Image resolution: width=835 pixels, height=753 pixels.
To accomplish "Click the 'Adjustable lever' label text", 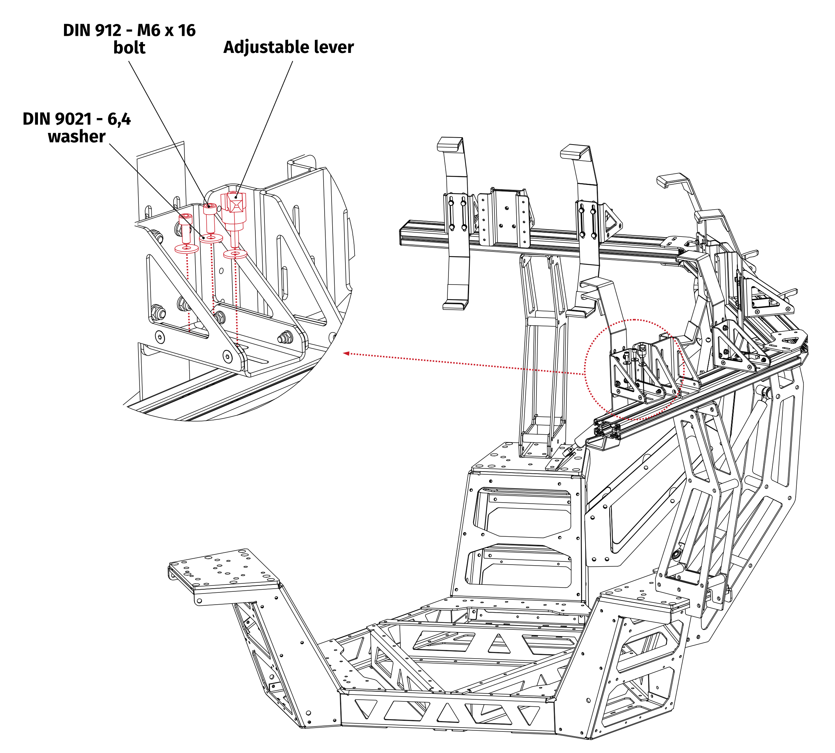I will point(288,47).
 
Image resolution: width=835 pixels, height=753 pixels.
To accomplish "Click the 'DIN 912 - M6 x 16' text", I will point(129,31).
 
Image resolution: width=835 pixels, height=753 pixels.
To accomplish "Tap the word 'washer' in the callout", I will point(77,137).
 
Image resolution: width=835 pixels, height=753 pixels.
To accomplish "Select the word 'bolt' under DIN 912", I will point(129,48).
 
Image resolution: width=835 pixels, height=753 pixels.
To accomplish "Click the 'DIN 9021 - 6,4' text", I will point(77,119).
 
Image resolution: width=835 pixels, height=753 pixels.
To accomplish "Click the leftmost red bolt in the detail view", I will point(185,227).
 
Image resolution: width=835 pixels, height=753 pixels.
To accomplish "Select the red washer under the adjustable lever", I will point(235,254).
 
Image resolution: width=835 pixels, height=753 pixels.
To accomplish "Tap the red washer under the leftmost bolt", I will point(186,249).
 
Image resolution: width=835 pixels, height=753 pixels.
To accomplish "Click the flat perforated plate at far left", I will point(223,569).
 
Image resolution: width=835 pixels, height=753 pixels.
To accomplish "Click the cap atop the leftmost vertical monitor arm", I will point(449,143).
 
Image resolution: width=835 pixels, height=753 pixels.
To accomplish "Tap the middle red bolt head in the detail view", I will point(209,209).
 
